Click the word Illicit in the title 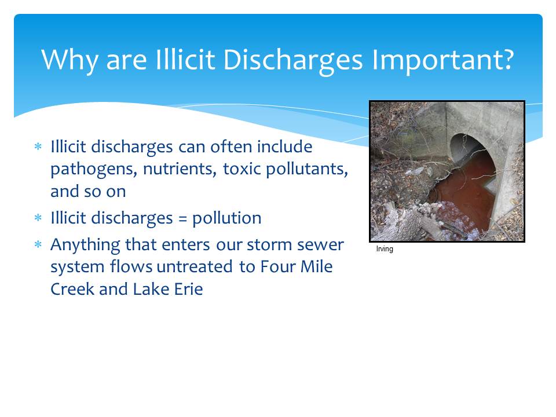click(x=185, y=59)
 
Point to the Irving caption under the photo click(x=385, y=249)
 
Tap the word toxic click(x=242, y=169)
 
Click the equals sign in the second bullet click(x=182, y=218)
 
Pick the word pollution click(x=227, y=218)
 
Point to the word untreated click(x=195, y=266)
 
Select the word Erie click(x=189, y=289)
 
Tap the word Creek click(x=72, y=289)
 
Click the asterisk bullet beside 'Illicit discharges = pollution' click(x=38, y=217)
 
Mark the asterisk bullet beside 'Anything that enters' click(x=38, y=244)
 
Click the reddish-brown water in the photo click(x=464, y=193)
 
